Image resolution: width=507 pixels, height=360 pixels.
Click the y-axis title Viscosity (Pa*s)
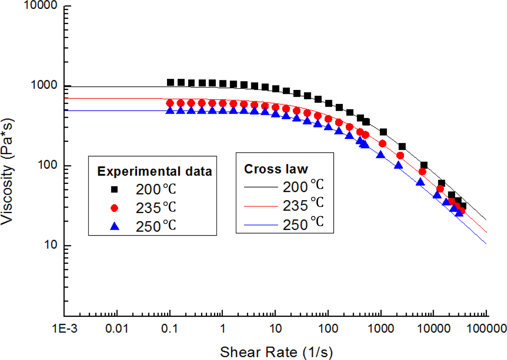(8, 171)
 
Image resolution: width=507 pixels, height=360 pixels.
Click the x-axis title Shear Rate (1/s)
(276, 352)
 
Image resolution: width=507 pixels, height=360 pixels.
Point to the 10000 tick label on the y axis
(41, 6)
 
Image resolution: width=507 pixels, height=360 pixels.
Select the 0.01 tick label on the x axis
(117, 329)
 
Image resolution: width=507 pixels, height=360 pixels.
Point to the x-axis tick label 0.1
(169, 329)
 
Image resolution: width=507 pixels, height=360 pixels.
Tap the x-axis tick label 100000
(486, 329)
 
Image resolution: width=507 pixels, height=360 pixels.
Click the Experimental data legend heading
(154, 171)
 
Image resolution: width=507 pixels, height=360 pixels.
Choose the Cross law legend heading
(276, 169)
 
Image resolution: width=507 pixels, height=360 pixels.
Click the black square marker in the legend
(114, 189)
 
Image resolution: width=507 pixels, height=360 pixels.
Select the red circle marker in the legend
(114, 208)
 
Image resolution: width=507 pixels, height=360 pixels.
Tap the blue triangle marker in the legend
(114, 226)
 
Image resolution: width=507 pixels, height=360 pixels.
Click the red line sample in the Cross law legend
(260, 206)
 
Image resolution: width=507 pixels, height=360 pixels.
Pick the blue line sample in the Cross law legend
(260, 225)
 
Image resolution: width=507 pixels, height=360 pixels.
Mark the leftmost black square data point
(170, 82)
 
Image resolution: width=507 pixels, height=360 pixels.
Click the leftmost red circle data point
(170, 103)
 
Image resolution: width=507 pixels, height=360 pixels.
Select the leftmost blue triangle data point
(170, 111)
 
